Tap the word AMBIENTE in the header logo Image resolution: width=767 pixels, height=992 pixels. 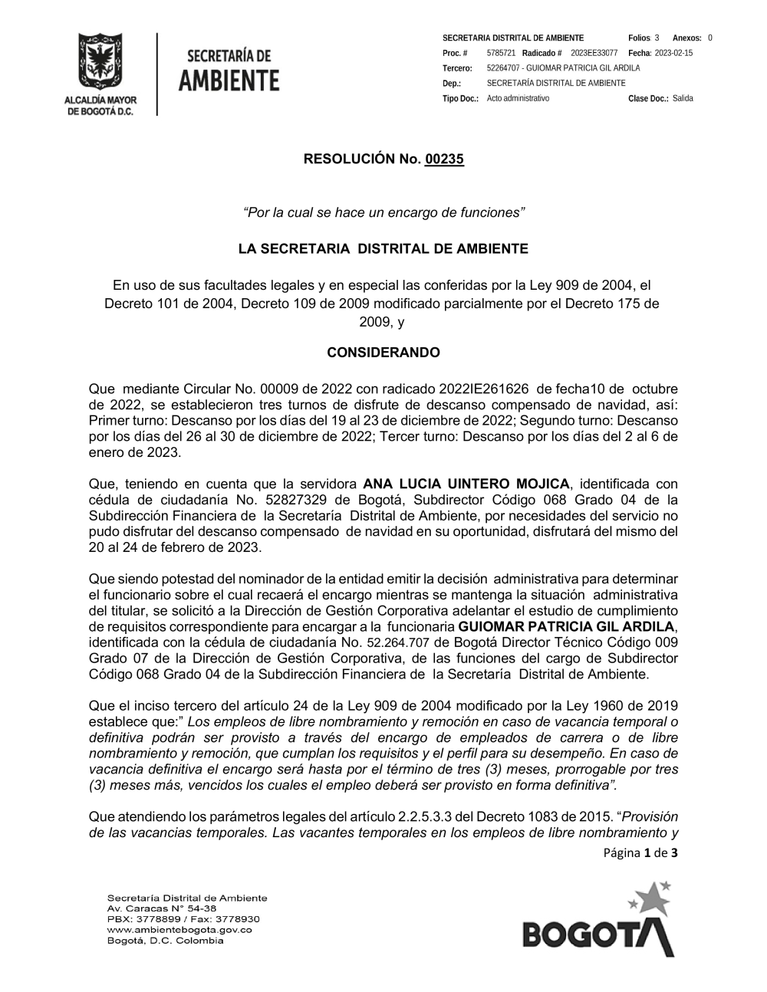pyautogui.click(x=229, y=80)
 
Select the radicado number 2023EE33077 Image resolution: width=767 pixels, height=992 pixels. pyautogui.click(x=594, y=53)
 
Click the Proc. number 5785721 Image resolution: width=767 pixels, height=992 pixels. pyautogui.click(x=501, y=53)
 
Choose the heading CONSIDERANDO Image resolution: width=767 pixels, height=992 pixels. pyautogui.click(x=383, y=353)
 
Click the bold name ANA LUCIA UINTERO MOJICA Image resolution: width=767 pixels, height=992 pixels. pyautogui.click(x=466, y=484)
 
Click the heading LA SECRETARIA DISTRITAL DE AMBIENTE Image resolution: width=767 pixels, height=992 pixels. pyautogui.click(x=383, y=249)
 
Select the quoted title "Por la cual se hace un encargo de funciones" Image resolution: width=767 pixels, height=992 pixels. pyautogui.click(x=383, y=212)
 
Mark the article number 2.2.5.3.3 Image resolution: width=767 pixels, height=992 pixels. pyautogui.click(x=430, y=816)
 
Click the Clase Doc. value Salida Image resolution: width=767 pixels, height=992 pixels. pyautogui.click(x=683, y=99)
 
